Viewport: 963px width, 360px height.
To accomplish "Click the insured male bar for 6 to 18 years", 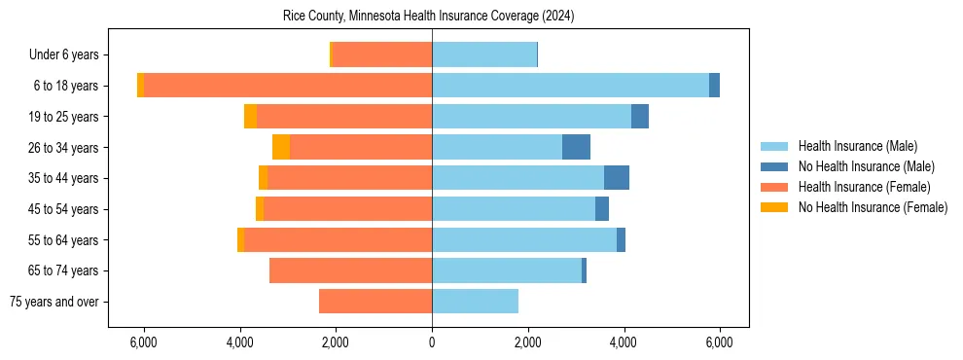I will (x=570, y=86).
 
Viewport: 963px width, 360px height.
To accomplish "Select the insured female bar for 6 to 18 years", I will (x=288, y=86).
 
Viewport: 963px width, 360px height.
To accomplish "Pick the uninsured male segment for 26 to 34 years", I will (x=576, y=147).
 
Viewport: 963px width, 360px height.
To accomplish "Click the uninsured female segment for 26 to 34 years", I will (x=281, y=147).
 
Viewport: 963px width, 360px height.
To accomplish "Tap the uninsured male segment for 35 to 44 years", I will (x=617, y=178).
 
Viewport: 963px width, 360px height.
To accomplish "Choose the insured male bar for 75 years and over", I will (x=475, y=302).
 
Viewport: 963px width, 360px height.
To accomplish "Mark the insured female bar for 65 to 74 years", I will (x=350, y=270).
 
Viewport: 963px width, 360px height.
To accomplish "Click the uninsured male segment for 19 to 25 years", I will (x=640, y=117).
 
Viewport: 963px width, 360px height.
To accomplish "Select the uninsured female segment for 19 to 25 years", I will (x=250, y=117).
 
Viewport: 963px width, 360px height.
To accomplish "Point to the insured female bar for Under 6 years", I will (x=382, y=54).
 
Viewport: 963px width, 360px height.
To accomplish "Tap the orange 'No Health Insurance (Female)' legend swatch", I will (x=775, y=207).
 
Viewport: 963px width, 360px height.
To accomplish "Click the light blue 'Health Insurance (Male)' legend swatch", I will (x=775, y=146).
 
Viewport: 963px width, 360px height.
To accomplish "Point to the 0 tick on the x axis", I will (x=432, y=342).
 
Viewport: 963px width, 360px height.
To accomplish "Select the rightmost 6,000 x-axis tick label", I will (x=719, y=342).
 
